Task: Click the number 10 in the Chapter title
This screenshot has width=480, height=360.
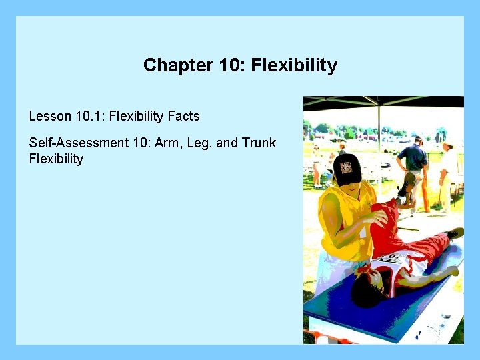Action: coord(225,65)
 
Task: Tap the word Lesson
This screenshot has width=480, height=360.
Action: coord(49,116)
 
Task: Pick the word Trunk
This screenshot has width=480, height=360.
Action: coord(259,143)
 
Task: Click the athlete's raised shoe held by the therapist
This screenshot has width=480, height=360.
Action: coord(405,185)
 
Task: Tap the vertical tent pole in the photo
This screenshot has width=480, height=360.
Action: coord(379,133)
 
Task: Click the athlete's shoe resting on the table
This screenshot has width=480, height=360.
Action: coord(455,233)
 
